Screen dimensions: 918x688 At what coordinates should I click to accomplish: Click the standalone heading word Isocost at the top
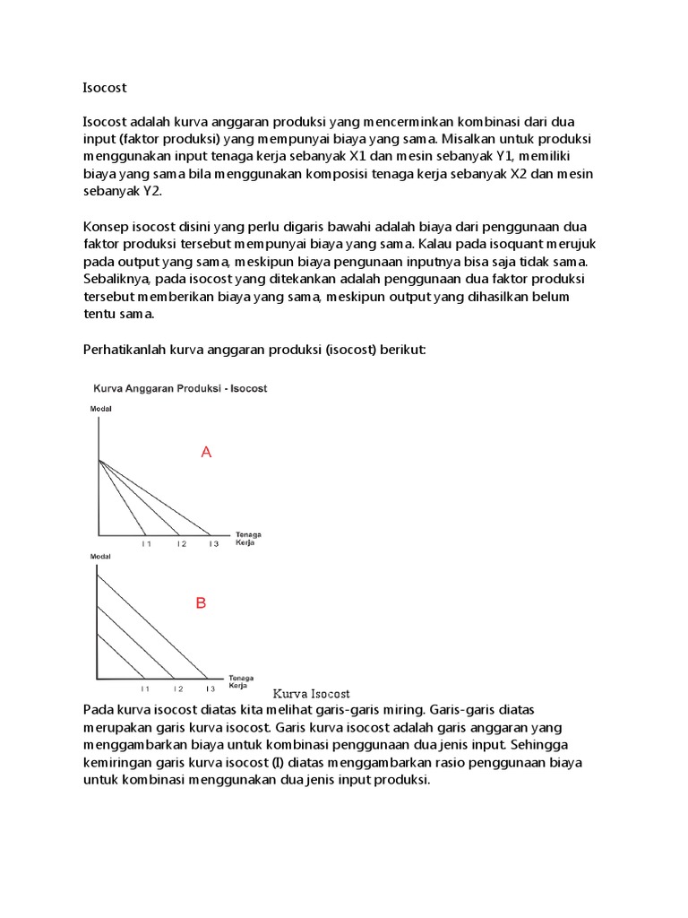(105, 88)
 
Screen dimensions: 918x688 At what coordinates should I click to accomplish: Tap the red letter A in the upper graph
(206, 454)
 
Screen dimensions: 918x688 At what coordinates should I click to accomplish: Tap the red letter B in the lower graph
(201, 604)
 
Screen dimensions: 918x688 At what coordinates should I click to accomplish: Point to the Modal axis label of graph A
(101, 410)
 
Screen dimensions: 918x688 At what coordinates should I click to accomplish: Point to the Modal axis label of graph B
(101, 558)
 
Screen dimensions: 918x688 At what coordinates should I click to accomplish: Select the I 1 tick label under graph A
(146, 543)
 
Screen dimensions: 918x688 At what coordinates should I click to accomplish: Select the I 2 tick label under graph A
(180, 543)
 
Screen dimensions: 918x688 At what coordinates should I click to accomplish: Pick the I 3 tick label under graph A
(212, 543)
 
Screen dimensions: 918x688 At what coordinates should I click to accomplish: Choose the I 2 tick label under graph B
(178, 688)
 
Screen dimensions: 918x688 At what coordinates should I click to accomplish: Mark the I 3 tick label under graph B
(210, 688)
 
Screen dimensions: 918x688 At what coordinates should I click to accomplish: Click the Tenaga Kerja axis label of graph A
(248, 539)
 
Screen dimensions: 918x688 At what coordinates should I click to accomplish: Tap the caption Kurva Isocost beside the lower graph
(311, 694)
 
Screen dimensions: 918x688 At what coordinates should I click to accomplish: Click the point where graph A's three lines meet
(99, 461)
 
